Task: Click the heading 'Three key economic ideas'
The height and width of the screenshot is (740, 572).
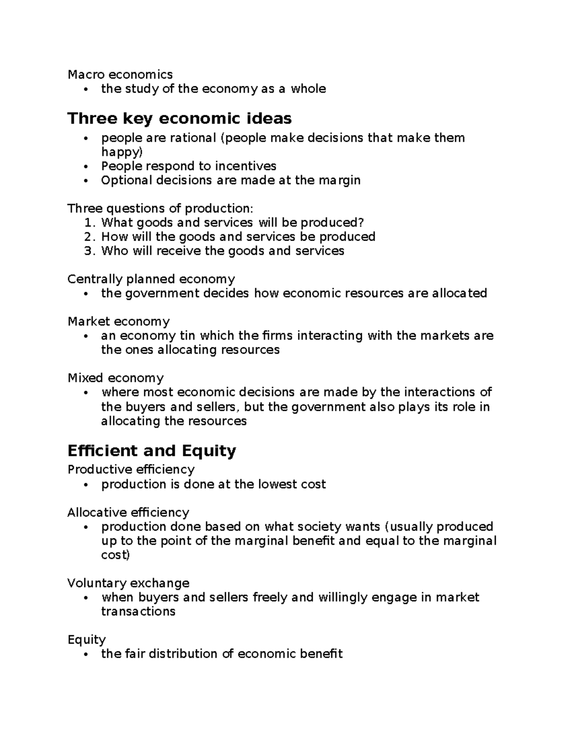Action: point(179,119)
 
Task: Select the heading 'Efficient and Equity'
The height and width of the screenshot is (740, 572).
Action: point(152,451)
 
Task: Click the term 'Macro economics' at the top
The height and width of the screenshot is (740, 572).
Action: point(120,74)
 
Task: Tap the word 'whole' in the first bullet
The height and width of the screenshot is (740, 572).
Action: point(308,89)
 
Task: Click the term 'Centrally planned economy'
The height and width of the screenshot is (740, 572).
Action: point(151,279)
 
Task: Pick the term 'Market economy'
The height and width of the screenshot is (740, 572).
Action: point(118,322)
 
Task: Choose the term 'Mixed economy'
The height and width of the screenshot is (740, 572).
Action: point(115,378)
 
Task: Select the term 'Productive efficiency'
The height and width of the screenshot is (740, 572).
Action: point(131,470)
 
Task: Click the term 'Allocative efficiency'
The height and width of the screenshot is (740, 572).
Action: point(128,513)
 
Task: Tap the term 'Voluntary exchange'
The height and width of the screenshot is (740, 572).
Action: point(128,583)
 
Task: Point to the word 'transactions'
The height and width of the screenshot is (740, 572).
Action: point(138,612)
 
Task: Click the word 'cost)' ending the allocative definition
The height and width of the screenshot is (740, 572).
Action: point(115,555)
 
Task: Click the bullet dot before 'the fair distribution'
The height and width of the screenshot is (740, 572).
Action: point(86,655)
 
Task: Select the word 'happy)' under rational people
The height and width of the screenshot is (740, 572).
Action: point(122,152)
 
